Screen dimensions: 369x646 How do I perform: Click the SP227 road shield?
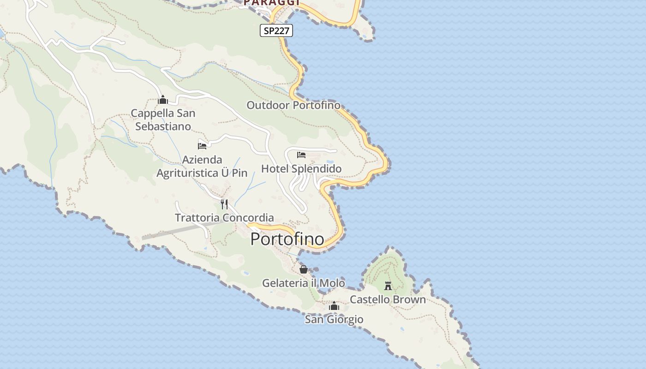pyautogui.click(x=276, y=31)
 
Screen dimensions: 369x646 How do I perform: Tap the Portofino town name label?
pyautogui.click(x=287, y=239)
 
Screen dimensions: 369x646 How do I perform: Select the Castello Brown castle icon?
pyautogui.click(x=388, y=286)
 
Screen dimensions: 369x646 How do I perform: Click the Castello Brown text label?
pyautogui.click(x=388, y=299)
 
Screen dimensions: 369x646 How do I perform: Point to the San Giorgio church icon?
pyautogui.click(x=334, y=306)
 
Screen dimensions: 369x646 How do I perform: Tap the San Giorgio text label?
pyautogui.click(x=334, y=319)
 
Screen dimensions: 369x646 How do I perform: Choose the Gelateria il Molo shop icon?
pyautogui.click(x=304, y=269)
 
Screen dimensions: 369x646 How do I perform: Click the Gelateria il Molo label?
pyautogui.click(x=304, y=283)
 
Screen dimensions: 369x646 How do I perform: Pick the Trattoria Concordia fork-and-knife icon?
pyautogui.click(x=224, y=204)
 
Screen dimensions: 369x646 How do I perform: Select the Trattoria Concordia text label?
pyautogui.click(x=224, y=217)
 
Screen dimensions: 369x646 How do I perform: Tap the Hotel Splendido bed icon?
pyautogui.click(x=301, y=155)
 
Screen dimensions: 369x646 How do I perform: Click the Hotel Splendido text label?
pyautogui.click(x=301, y=168)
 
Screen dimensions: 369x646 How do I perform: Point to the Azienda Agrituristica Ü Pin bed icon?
pyautogui.click(x=202, y=146)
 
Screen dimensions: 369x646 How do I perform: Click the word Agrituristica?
pyautogui.click(x=187, y=173)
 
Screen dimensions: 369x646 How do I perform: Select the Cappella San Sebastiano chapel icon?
pyautogui.click(x=163, y=100)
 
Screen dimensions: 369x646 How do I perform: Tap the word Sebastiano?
pyautogui.click(x=163, y=126)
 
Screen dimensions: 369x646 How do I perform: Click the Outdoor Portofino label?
pyautogui.click(x=293, y=105)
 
